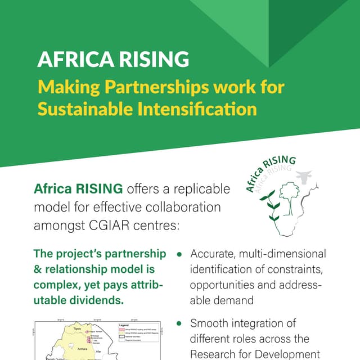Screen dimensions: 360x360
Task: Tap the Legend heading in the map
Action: point(125,325)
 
